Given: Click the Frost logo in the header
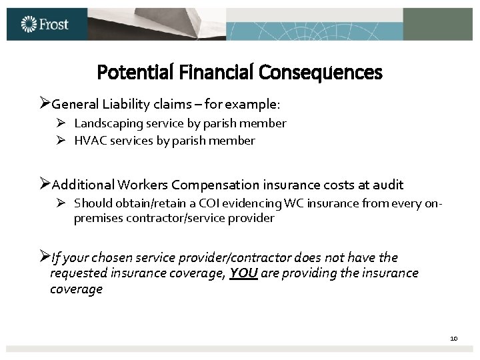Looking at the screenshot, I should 45,25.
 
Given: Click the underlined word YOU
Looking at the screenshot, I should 244,273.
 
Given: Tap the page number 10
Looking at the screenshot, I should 454,339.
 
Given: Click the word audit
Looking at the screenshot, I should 389,185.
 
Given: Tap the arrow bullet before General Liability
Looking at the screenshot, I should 44,104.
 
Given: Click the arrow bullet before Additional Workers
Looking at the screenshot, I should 44,184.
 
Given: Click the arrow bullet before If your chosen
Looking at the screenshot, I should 44,257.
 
